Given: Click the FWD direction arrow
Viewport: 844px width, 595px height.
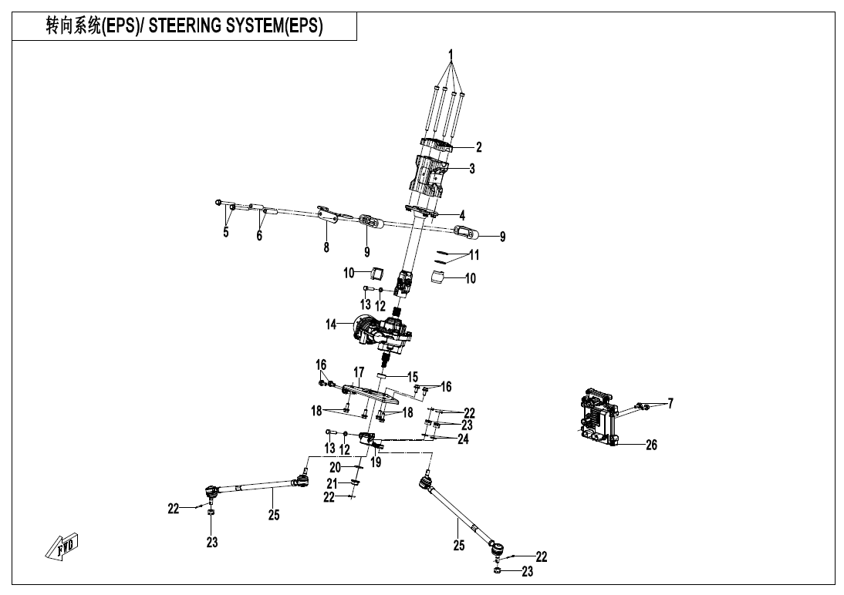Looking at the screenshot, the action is click(x=62, y=546).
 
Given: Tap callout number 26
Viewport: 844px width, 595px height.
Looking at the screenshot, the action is click(x=651, y=445).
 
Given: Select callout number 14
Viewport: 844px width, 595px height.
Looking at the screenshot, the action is click(x=331, y=324).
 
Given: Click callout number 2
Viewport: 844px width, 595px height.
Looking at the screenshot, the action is click(x=479, y=147).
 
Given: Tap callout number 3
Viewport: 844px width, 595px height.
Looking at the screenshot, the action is click(x=472, y=168).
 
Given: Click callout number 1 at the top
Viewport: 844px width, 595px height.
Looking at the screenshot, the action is click(x=451, y=55).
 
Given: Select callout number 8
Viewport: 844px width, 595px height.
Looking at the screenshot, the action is click(x=326, y=247).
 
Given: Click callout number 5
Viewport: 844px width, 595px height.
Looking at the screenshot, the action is click(x=226, y=232).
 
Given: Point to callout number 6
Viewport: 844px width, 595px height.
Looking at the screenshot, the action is click(x=259, y=236).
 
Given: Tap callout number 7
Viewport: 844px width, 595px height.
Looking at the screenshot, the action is click(x=670, y=404).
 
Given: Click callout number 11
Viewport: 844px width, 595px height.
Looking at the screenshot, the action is click(x=474, y=254).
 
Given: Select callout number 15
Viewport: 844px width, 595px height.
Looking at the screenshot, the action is click(x=412, y=377).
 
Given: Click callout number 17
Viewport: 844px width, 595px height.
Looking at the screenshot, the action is click(x=359, y=372).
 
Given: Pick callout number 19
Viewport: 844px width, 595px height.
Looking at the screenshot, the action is click(x=376, y=462).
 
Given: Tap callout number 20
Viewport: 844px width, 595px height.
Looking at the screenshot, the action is click(x=336, y=468).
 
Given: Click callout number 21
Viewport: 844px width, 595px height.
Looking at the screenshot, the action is click(x=332, y=484).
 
